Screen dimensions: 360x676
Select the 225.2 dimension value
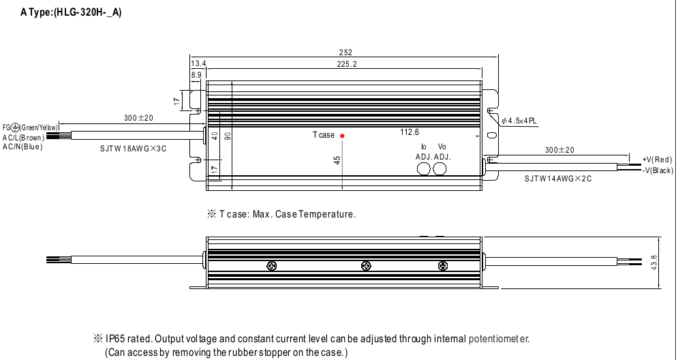point(346,64)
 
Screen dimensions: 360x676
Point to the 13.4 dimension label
point(198,64)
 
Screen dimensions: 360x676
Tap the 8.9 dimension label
point(196,74)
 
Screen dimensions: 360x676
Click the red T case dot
point(342,136)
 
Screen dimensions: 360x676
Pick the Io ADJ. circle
point(424,168)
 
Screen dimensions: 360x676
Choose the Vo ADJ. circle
point(441,168)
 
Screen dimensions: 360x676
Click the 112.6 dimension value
point(410,132)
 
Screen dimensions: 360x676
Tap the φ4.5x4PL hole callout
point(519,121)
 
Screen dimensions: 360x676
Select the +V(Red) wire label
point(657,160)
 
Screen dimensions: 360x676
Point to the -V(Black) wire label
point(658,170)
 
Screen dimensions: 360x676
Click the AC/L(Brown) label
point(23,137)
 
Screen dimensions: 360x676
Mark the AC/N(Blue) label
point(22,146)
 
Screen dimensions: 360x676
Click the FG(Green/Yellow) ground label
point(31,127)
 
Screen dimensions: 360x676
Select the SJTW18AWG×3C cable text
point(134,147)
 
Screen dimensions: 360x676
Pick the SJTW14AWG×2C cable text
point(558,179)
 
